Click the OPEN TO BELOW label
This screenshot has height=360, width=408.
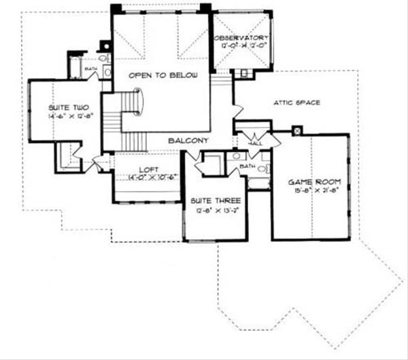click(x=160, y=75)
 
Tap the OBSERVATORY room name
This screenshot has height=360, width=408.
click(x=242, y=38)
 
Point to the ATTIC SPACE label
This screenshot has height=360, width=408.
click(x=296, y=103)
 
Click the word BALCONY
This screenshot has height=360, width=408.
click(x=188, y=140)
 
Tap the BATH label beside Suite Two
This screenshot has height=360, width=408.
click(x=90, y=69)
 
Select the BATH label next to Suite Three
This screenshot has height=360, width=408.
click(x=245, y=166)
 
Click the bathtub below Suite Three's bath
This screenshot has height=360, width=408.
click(x=258, y=182)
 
